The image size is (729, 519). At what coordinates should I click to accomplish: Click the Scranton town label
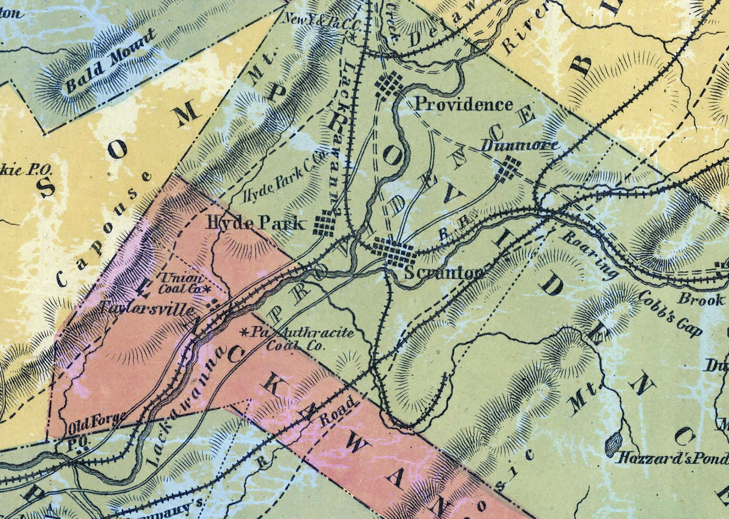point(443,273)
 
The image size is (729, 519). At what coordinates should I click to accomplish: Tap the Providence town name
point(464,105)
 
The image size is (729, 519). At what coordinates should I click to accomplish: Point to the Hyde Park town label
point(256,223)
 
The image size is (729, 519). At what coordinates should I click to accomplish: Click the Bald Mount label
point(110,62)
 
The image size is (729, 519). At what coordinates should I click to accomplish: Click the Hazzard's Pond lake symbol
point(613,445)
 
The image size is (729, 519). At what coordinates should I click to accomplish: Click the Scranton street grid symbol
point(394,253)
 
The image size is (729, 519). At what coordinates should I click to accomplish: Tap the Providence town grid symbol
point(389,86)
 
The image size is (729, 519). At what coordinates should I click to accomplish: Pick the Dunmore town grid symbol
point(508,169)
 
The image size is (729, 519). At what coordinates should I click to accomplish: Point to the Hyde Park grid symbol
point(325,223)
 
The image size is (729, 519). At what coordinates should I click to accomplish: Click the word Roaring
point(590,254)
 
